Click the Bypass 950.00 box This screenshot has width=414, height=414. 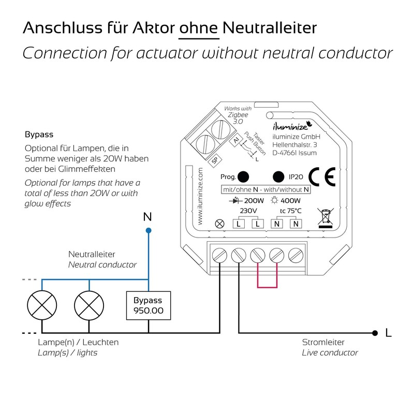click(148, 306)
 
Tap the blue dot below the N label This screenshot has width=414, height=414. click(149, 230)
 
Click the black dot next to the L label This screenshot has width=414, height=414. click(374, 332)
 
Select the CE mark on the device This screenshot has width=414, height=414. click(321, 176)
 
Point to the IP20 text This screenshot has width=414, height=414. click(299, 176)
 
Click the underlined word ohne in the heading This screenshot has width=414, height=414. click(199, 27)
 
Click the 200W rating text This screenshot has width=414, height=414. click(254, 200)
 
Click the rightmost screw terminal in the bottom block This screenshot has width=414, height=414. click(295, 255)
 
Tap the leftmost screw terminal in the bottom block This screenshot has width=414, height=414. click(219, 255)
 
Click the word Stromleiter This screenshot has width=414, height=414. click(323, 343)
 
